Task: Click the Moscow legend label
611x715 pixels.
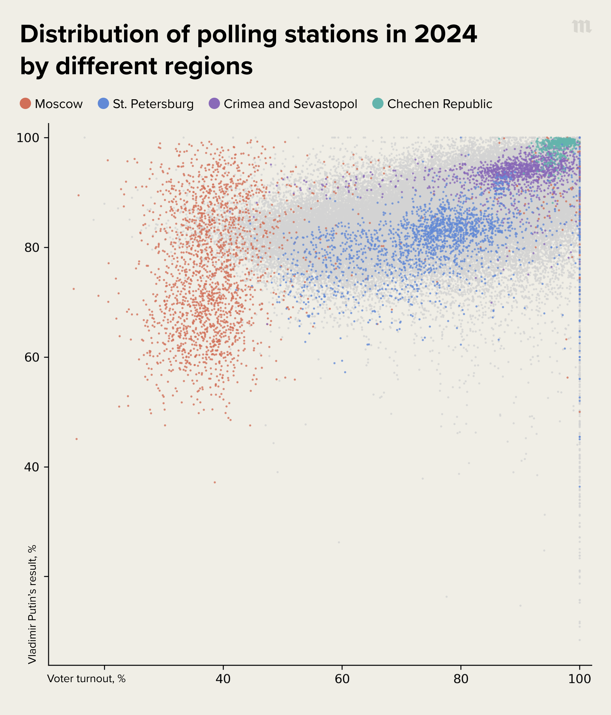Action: tap(59, 104)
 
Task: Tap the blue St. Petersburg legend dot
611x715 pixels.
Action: tap(104, 103)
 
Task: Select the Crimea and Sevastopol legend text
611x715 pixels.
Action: tap(290, 104)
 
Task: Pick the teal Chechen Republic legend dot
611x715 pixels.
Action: tap(378, 103)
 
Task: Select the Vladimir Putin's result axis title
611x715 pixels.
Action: tap(32, 604)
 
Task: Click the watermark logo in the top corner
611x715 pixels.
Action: tap(581, 27)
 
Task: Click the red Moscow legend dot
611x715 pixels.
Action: tap(26, 103)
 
